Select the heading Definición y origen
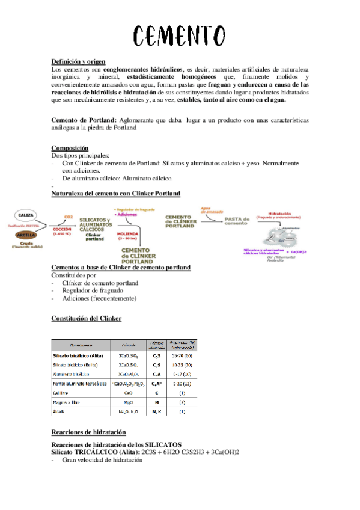pyautogui.click(x=79, y=61)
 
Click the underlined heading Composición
pyautogui.click(x=70, y=148)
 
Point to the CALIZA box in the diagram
pyautogui.click(x=25, y=215)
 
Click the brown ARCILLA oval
pyautogui.click(x=25, y=234)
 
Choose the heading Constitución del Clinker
pyautogui.click(x=87, y=318)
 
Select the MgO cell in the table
pyautogui.click(x=128, y=402)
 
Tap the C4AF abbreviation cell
pyautogui.click(x=156, y=383)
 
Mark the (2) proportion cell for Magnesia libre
pyautogui.click(x=182, y=402)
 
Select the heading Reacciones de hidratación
pyautogui.click(x=88, y=432)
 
